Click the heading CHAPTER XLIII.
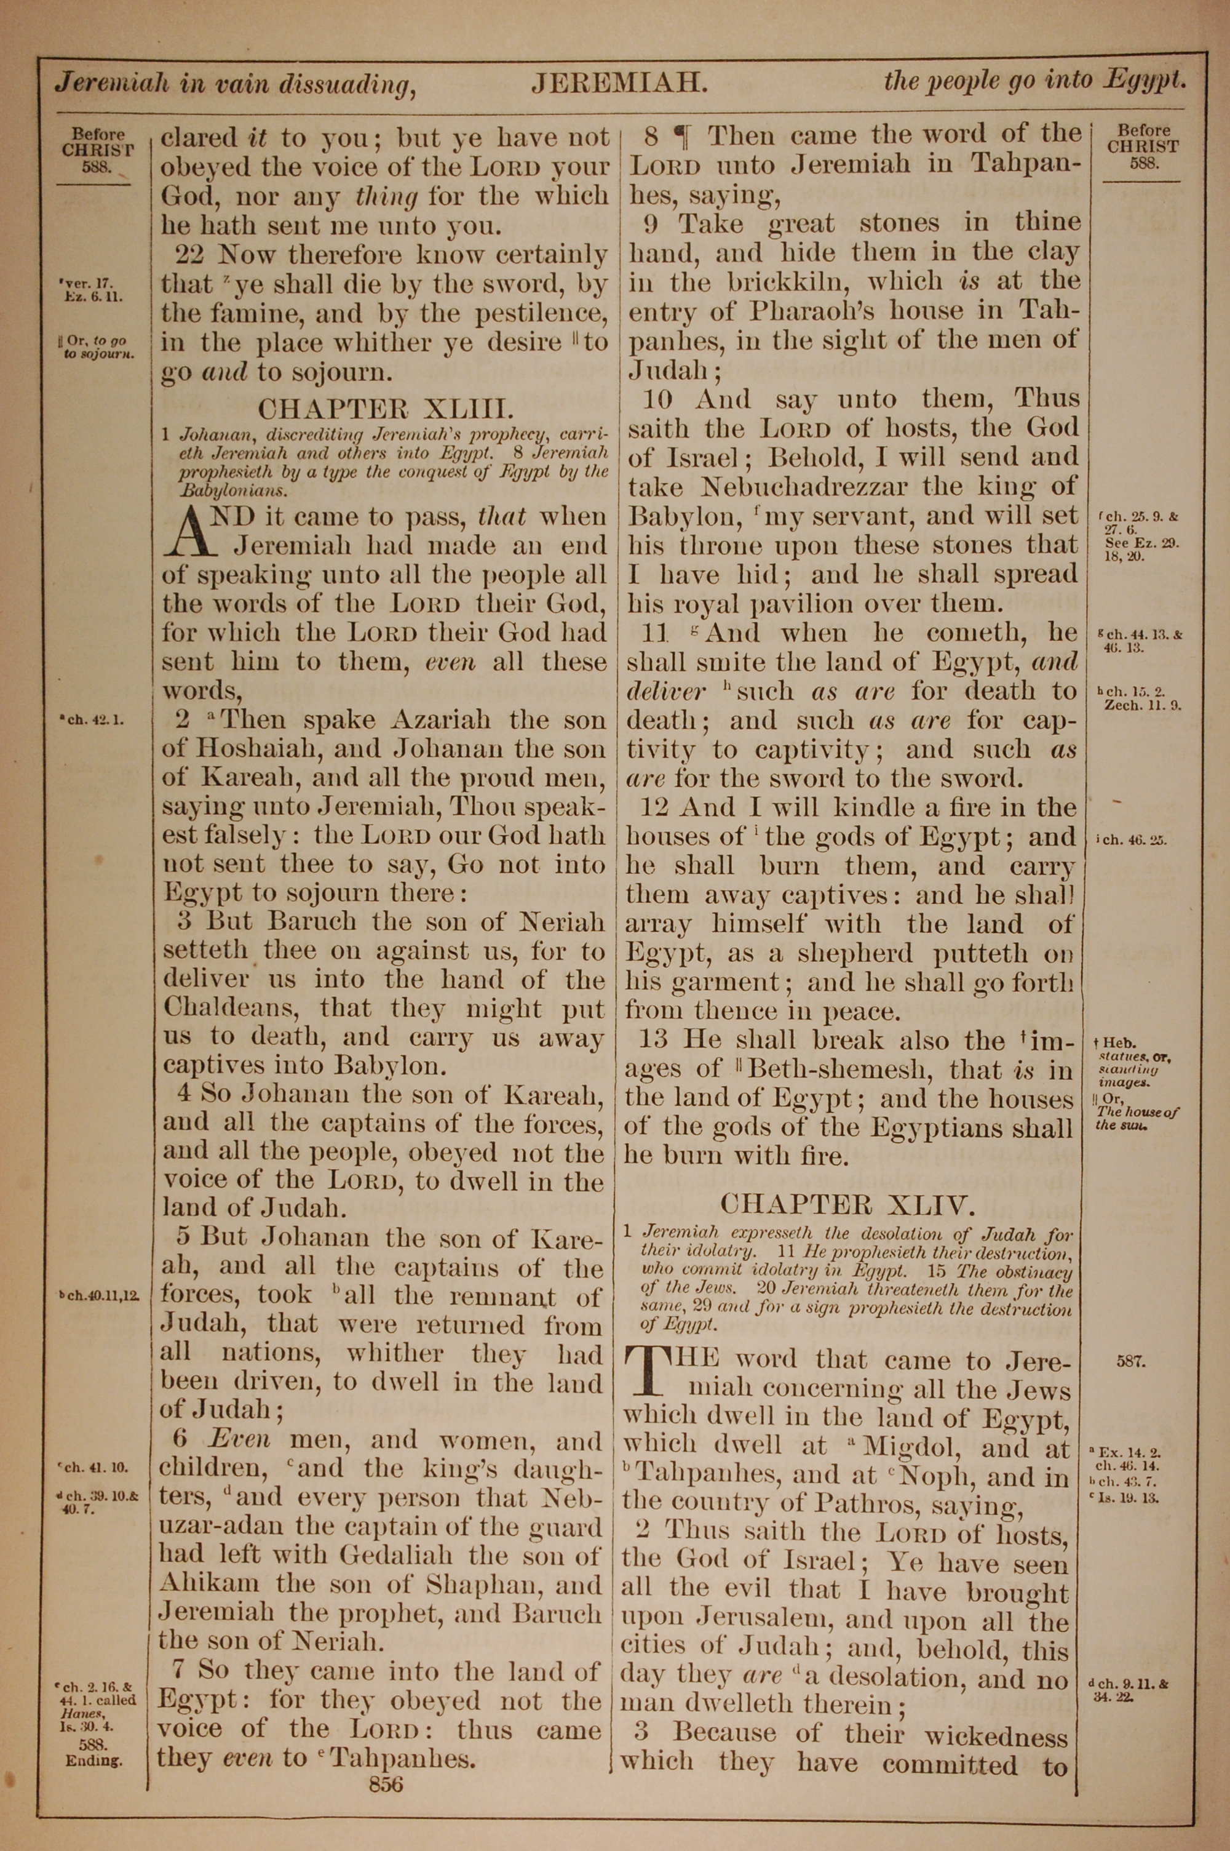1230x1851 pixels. [x=386, y=409]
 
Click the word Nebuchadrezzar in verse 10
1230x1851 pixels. [x=803, y=487]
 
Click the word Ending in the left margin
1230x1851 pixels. [x=94, y=1760]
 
